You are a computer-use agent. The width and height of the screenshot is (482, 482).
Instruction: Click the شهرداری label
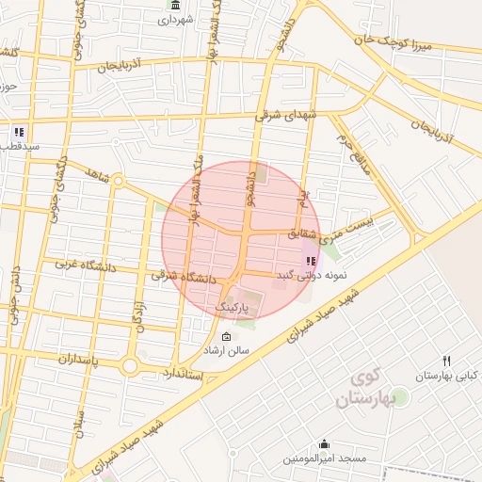[x=176, y=19]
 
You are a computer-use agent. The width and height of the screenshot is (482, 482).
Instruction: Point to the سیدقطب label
[x=19, y=147]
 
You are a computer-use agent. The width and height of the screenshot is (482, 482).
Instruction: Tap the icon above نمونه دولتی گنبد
[x=311, y=261]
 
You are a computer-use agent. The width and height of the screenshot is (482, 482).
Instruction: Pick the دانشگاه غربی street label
[x=85, y=267]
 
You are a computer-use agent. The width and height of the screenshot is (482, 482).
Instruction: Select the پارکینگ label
[x=234, y=308]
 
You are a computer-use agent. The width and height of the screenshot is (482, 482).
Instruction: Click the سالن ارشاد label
[x=227, y=350]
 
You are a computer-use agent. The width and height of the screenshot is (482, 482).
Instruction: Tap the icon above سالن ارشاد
[x=226, y=337]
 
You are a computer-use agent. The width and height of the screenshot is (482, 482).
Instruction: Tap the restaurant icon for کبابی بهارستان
[x=447, y=361]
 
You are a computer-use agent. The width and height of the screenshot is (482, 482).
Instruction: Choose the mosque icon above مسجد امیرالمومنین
[x=325, y=444]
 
